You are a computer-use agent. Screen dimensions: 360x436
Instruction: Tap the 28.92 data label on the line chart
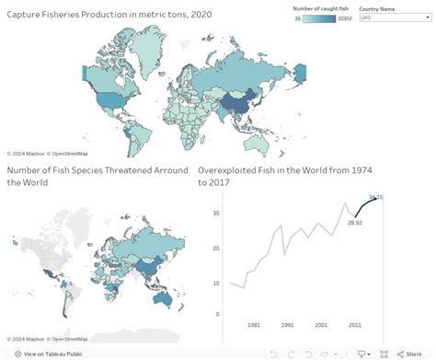click(353, 222)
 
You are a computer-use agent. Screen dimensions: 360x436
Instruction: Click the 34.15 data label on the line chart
click(375, 197)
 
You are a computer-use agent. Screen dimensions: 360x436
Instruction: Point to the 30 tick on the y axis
click(215, 214)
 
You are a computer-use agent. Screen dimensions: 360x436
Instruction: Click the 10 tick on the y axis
click(215, 284)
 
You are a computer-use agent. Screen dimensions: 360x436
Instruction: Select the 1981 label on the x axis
click(254, 325)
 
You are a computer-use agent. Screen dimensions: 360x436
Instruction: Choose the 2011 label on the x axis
click(353, 325)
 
